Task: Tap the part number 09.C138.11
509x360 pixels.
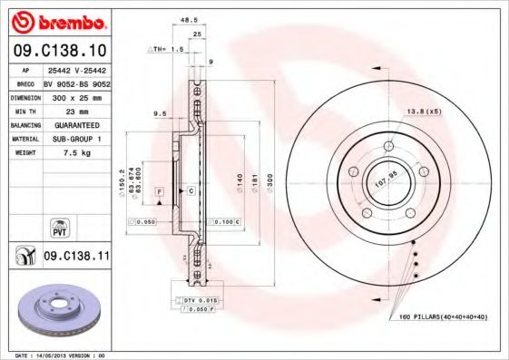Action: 75,257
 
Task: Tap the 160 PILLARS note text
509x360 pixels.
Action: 437,316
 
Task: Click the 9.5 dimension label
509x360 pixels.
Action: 161,114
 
